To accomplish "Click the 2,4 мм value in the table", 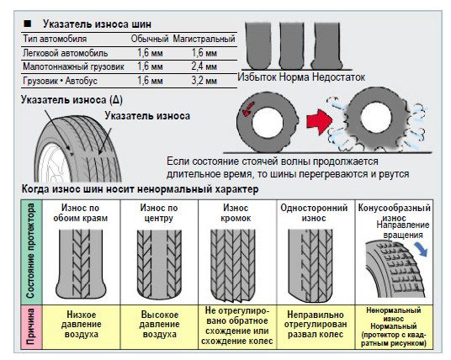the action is click(204, 66).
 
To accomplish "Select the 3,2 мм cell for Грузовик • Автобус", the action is click(204, 81).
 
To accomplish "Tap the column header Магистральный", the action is click(204, 39).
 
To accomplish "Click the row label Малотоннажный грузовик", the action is click(73, 66).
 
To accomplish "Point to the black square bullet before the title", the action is click(27, 24).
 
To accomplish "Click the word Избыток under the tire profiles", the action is click(257, 77).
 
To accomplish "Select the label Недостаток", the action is click(339, 77).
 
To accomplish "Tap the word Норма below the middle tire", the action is click(294, 77).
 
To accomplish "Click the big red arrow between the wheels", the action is click(319, 121).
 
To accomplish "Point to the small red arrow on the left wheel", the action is click(248, 109).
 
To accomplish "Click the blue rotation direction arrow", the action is click(421, 249).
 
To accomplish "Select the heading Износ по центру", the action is click(159, 213).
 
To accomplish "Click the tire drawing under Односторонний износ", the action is click(310, 266).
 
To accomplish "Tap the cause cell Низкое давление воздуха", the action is click(82, 325).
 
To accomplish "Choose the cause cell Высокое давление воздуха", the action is click(159, 325).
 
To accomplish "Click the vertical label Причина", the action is click(31, 326).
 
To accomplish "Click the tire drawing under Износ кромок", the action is click(233, 265).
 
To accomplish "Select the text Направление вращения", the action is click(403, 230).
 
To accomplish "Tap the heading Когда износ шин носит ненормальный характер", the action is click(140, 189).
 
